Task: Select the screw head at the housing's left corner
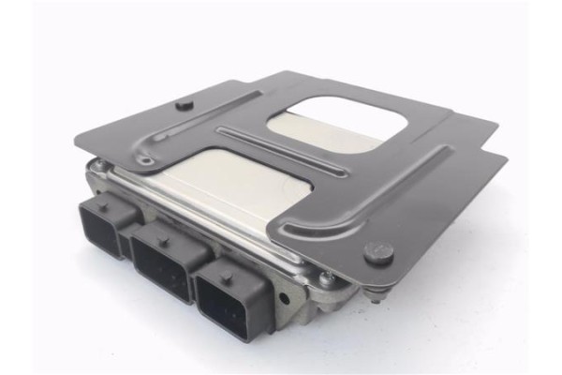(97, 167)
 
